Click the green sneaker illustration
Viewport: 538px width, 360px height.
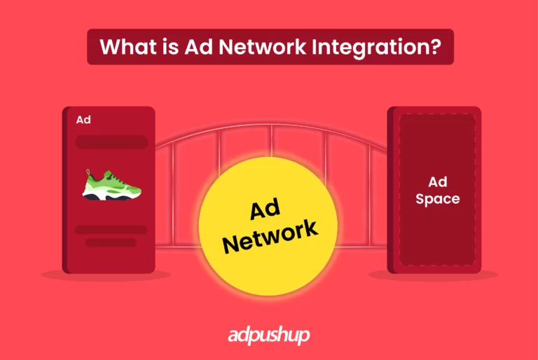pos(112,185)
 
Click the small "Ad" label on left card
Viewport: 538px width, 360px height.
pos(83,120)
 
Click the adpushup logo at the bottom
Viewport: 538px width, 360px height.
pos(269,336)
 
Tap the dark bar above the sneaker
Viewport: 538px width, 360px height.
pos(111,142)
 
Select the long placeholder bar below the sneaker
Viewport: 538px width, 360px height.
pos(111,230)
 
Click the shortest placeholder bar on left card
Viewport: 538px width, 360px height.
pos(111,243)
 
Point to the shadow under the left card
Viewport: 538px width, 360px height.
pos(105,276)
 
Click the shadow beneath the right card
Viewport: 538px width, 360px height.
pos(434,276)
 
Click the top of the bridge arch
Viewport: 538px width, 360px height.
pos(269,129)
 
